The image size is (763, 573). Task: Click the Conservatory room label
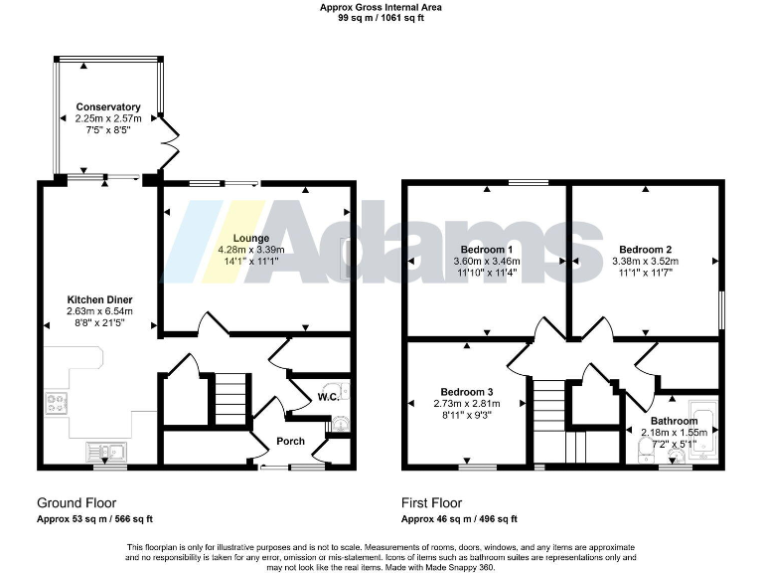pyautogui.click(x=108, y=106)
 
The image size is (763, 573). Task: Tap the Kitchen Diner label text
pyautogui.click(x=99, y=299)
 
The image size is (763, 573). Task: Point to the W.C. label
pyautogui.click(x=329, y=397)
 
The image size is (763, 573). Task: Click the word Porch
pyautogui.click(x=290, y=441)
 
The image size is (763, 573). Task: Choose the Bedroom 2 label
pyautogui.click(x=646, y=249)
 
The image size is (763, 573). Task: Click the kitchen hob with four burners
pyautogui.click(x=57, y=404)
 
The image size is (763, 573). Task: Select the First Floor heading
pyautogui.click(x=431, y=502)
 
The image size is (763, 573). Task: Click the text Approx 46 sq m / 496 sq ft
pyautogui.click(x=459, y=518)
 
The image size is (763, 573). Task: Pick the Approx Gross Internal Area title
pyautogui.click(x=381, y=7)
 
